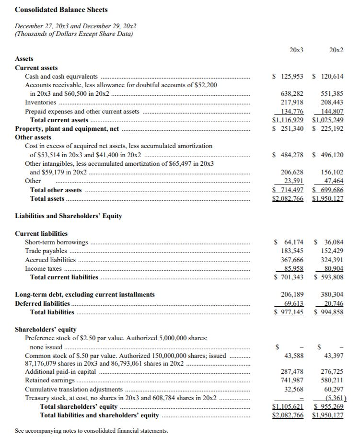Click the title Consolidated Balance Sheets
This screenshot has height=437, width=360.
61,10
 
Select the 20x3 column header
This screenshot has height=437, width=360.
296,50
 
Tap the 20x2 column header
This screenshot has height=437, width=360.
336,50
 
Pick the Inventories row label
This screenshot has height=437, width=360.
40,102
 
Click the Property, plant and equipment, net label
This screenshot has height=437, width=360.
67,128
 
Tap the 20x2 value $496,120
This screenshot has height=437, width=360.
328,155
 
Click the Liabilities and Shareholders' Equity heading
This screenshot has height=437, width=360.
69,216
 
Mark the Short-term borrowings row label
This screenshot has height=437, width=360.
57,242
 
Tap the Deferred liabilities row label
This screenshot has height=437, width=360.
42,303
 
